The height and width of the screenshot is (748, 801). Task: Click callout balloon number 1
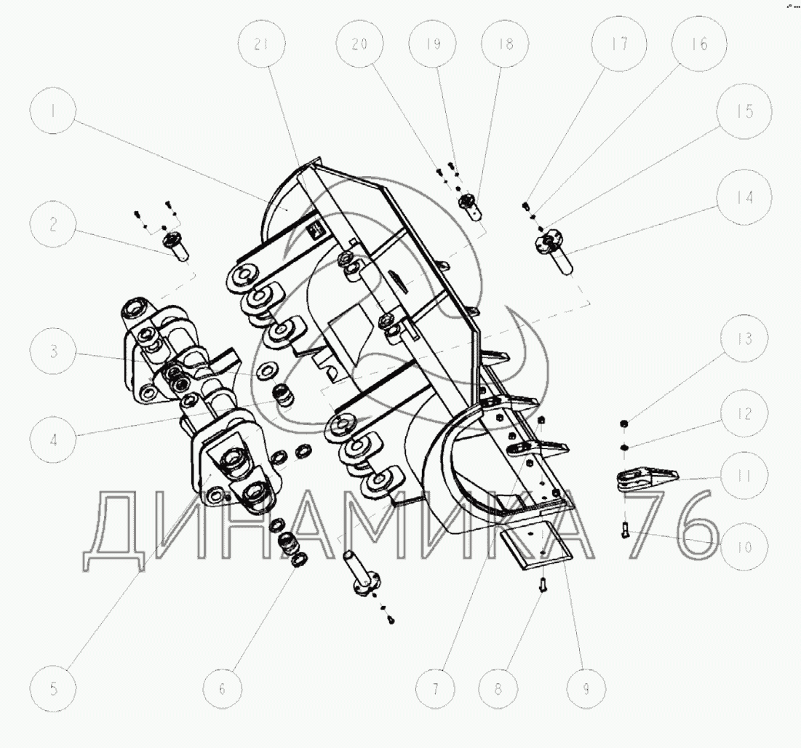[x=53, y=111]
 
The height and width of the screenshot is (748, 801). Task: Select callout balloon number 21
[x=261, y=44]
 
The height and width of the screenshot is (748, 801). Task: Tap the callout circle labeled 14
[x=744, y=197]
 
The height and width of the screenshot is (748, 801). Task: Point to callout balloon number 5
[x=53, y=689]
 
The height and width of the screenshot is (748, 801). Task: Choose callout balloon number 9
[x=586, y=689]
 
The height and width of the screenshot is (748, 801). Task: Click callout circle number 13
[x=745, y=338]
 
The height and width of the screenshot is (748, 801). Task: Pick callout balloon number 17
[x=620, y=44]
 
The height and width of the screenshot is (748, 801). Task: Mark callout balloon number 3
[x=53, y=351]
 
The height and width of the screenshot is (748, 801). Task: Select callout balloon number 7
[x=435, y=689]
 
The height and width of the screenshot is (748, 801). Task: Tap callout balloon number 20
[x=359, y=44]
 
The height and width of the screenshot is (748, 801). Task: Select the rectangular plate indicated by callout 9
[x=535, y=544]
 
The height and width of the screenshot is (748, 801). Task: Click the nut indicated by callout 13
[x=623, y=423]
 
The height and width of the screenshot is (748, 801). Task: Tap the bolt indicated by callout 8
[x=543, y=583]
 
